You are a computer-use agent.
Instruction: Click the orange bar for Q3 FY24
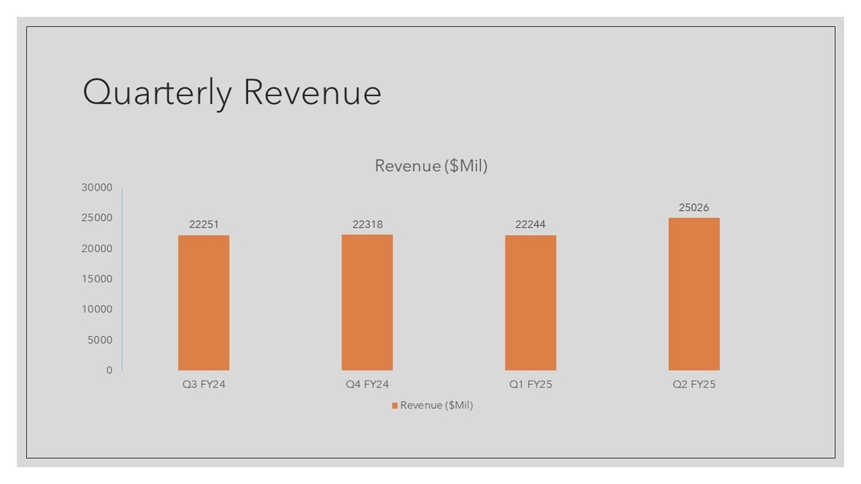tap(203, 302)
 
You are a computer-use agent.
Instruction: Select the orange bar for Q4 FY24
tap(367, 302)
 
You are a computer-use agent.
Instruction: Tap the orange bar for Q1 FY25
tap(531, 302)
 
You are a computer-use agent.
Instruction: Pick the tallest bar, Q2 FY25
tap(694, 294)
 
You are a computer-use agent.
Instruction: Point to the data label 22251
tap(203, 224)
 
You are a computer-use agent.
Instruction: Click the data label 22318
tap(367, 224)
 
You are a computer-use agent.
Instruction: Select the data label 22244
tap(531, 224)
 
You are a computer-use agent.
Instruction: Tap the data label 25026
tap(694, 208)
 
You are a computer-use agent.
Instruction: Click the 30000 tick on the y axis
tap(97, 187)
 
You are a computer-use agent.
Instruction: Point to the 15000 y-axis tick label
tap(97, 279)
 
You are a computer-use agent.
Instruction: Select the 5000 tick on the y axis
tap(99, 340)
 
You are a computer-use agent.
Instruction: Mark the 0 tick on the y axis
tap(109, 371)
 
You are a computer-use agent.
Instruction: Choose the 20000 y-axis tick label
tap(97, 249)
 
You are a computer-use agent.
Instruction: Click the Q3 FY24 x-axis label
tap(203, 385)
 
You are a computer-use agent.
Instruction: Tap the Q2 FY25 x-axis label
tap(694, 385)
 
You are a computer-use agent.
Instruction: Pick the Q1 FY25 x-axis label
tap(531, 385)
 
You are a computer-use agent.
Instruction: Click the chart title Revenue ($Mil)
tap(430, 166)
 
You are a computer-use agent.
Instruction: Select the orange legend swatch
tap(394, 406)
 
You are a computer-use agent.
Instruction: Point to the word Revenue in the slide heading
tap(312, 92)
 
